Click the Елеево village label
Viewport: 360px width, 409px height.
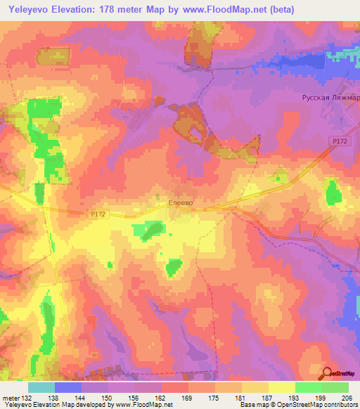[x=181, y=202]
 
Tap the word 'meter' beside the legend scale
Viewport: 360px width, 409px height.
[x=10, y=397]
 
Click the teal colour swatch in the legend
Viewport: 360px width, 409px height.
[x=41, y=387]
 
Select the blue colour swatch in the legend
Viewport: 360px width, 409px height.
[x=68, y=387]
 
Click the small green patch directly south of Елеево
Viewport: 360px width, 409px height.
[x=173, y=267]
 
